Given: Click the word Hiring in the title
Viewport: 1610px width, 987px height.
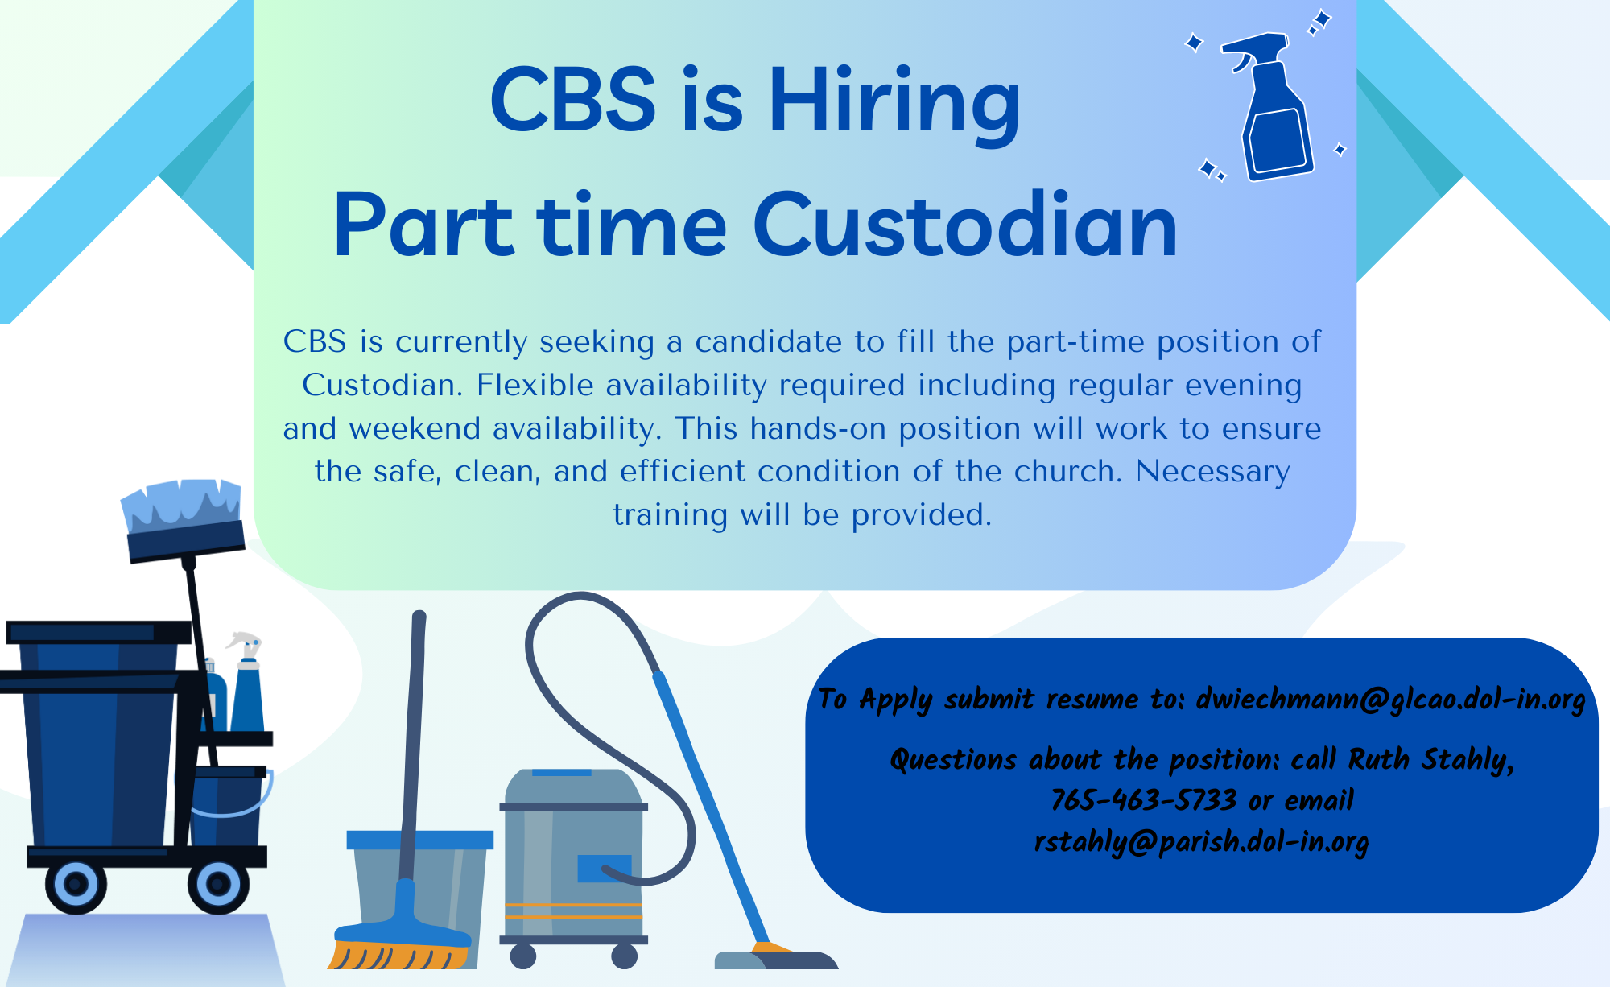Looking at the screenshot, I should (x=894, y=101).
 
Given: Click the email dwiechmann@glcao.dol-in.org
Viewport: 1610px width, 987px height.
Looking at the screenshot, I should (x=1390, y=699).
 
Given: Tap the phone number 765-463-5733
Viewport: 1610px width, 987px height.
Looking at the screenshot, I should (x=1143, y=800).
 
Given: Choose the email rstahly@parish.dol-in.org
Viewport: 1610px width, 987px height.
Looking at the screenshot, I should (x=1201, y=842).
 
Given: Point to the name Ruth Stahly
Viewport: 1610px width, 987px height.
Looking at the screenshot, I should (x=1430, y=759).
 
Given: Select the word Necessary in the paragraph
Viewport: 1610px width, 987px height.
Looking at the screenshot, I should (x=1212, y=472).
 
